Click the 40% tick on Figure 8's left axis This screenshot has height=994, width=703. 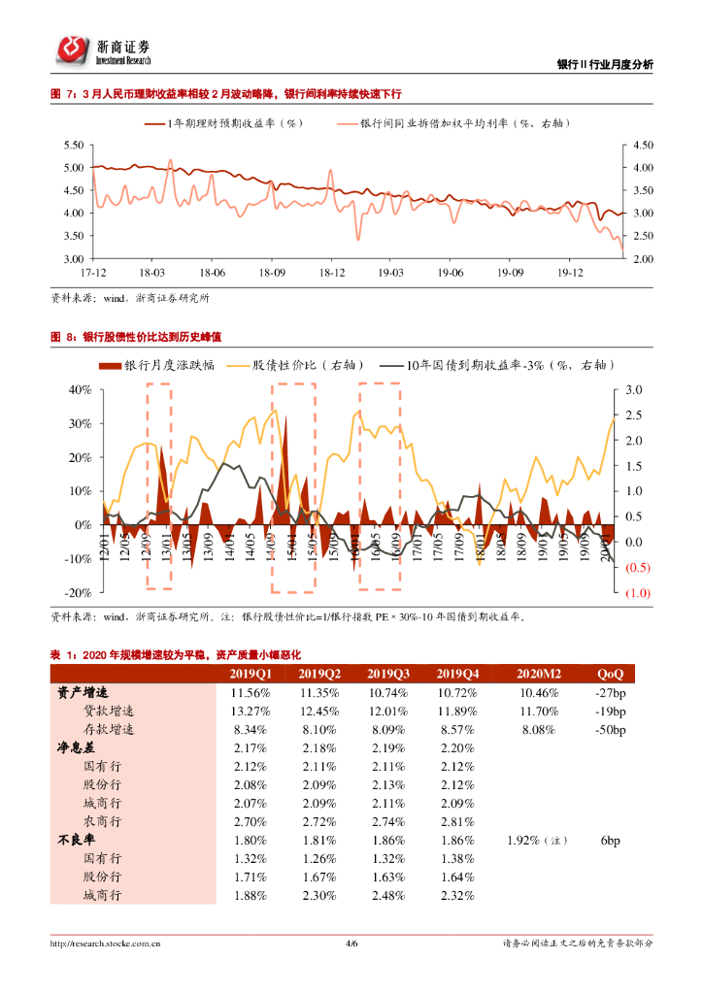pos(79,389)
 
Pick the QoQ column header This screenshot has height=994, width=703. pos(610,674)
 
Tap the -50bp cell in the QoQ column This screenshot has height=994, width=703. pos(610,729)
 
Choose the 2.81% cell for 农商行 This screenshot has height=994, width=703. pos(457,821)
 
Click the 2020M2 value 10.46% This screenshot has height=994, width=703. pos(539,692)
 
